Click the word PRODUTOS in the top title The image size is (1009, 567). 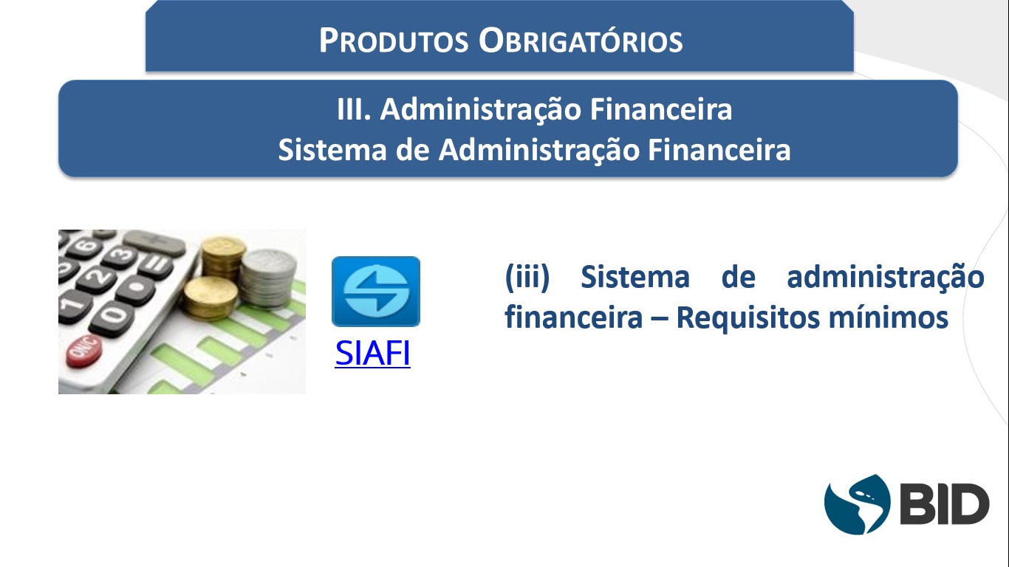[x=394, y=41]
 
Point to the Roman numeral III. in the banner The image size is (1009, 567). [x=354, y=109]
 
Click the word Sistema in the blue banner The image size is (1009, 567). [x=332, y=150]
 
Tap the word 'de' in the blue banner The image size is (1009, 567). [x=412, y=150]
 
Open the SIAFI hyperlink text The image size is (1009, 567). [x=372, y=353]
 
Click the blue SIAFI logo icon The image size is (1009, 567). [x=376, y=292]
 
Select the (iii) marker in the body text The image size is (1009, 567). [x=527, y=277]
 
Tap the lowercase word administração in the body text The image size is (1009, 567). [x=886, y=278]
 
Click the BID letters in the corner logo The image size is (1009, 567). [x=945, y=504]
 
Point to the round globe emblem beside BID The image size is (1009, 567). [x=857, y=504]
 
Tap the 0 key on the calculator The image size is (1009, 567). [x=112, y=317]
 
